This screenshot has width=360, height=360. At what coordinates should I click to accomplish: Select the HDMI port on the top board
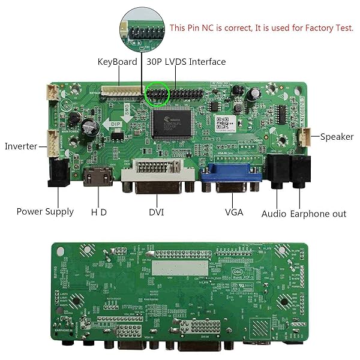click(98, 178)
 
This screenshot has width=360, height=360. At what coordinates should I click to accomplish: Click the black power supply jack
click(58, 174)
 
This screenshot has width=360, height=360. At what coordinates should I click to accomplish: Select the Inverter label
click(21, 146)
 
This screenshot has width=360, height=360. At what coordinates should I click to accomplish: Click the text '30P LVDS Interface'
click(186, 62)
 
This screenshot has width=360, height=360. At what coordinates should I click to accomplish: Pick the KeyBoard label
click(118, 62)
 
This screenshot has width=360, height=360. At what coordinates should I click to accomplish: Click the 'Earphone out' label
click(318, 214)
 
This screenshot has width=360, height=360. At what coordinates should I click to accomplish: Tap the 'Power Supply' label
click(45, 211)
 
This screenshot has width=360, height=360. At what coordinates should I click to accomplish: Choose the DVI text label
click(156, 212)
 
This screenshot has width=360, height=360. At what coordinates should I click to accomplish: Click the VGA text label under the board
click(233, 212)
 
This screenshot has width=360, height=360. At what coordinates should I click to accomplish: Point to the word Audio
click(274, 214)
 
